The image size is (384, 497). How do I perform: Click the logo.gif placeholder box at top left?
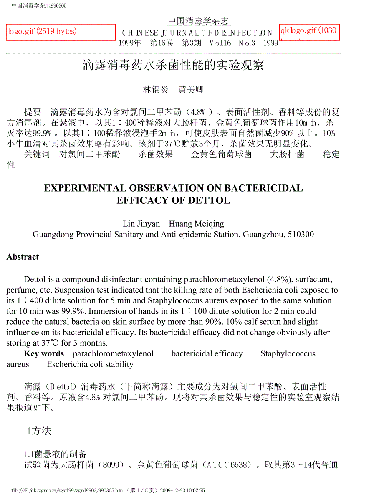(61, 32)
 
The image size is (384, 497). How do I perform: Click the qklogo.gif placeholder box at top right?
(309, 32)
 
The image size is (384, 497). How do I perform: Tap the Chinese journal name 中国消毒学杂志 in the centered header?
(199, 21)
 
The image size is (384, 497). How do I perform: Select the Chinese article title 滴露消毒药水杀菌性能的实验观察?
(173, 65)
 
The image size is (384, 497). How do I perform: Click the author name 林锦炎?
(156, 89)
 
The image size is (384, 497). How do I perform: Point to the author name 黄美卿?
(191, 89)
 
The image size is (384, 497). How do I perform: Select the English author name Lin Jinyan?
(141, 224)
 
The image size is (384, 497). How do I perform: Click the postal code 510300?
(299, 235)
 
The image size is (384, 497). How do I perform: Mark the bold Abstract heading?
(23, 257)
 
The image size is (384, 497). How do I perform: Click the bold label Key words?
(44, 354)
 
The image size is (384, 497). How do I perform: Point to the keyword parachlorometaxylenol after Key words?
(113, 354)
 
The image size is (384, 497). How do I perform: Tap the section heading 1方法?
(39, 431)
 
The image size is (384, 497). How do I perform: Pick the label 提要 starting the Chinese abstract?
(33, 112)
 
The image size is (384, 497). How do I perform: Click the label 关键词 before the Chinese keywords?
(37, 154)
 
